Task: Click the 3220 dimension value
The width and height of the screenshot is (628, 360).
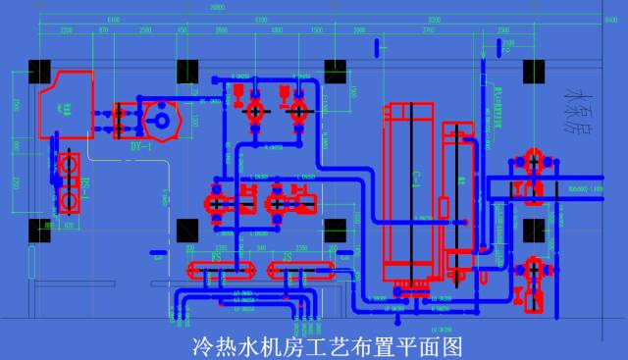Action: point(66,31)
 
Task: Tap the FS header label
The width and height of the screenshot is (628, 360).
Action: point(218,256)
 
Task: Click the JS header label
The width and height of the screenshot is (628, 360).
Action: point(287,256)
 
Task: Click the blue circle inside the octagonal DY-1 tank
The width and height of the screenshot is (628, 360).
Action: point(156,120)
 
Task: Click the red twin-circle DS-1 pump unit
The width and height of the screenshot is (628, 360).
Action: point(69,182)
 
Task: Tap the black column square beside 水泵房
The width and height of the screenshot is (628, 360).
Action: point(534,73)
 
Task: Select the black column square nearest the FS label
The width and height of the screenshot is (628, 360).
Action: point(187,231)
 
